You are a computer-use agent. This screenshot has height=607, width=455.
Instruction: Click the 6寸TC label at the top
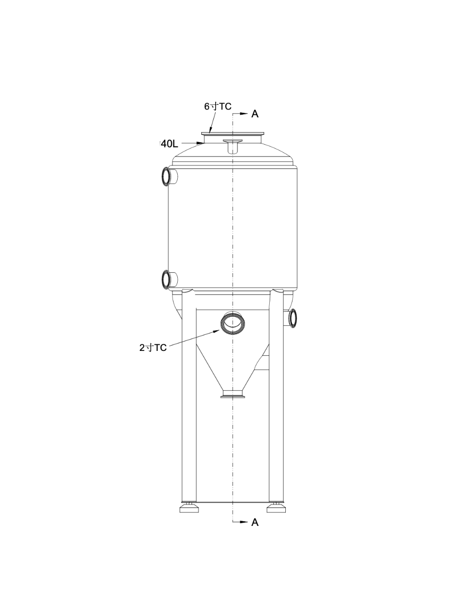coord(218,106)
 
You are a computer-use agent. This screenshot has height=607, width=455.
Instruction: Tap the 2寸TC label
coord(153,348)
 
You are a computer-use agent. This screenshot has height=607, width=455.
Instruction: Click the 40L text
coord(169,142)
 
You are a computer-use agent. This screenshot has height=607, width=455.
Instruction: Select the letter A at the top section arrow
coord(255,114)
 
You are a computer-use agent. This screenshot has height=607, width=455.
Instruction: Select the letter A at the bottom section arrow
coord(255,522)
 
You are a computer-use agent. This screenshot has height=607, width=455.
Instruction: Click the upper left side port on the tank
coord(167,176)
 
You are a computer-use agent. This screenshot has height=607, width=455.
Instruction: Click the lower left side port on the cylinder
coord(166,279)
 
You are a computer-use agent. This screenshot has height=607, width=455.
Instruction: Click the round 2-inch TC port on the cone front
coord(232,323)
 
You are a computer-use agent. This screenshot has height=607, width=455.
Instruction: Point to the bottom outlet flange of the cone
coord(233,394)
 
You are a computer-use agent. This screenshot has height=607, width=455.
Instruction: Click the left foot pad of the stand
coord(189,509)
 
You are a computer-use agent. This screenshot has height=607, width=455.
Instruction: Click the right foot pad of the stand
coord(276,509)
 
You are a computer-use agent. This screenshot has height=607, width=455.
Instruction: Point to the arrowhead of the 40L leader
coord(201,142)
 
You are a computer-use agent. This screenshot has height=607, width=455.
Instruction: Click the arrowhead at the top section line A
coord(245,114)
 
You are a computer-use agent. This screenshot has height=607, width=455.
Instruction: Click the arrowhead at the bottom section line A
coord(245,522)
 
